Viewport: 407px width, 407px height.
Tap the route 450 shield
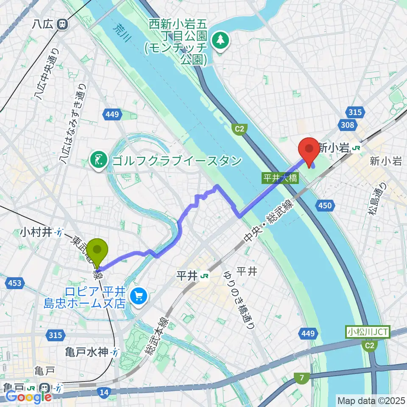[324, 206]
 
